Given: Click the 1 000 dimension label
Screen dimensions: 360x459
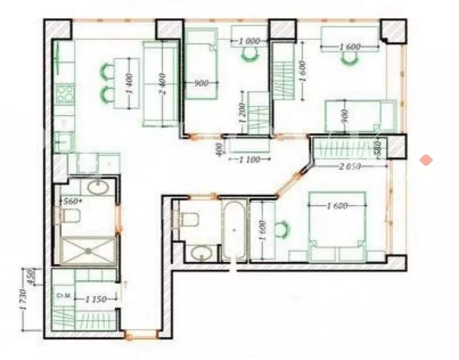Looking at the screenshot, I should (249, 41).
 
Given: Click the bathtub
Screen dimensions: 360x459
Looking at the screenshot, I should (234, 231).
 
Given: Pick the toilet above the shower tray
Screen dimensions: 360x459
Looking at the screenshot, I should (69, 217).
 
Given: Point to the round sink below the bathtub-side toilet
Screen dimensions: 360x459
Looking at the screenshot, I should (202, 254).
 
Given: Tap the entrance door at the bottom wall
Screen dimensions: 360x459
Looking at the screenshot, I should (141, 335).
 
